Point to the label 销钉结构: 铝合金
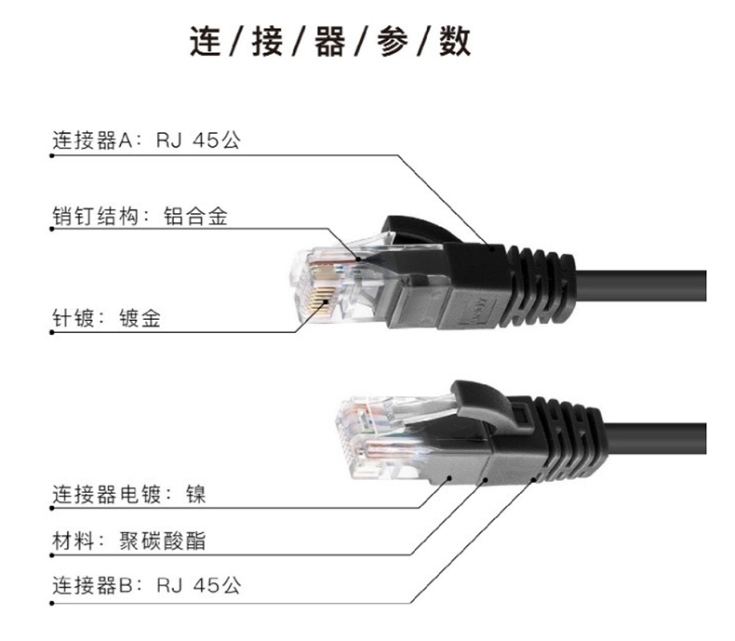click(x=140, y=216)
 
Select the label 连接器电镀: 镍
click(x=128, y=493)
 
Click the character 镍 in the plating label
click(x=195, y=493)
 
